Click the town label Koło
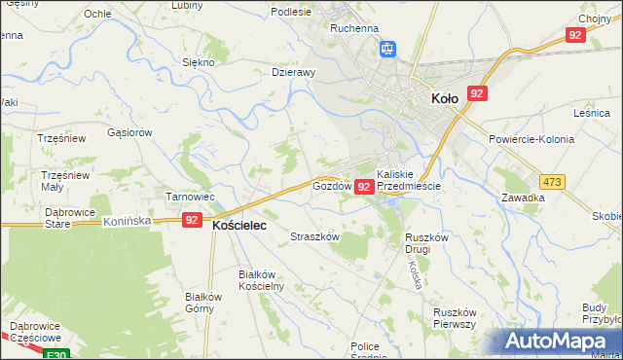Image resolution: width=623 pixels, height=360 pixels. click(x=444, y=97)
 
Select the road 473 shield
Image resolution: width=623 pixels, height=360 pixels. click(x=553, y=182)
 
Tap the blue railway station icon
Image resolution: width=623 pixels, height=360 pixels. click(x=386, y=48)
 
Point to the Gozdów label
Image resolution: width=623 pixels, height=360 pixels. click(x=331, y=185)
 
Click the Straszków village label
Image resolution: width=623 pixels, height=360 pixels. click(x=314, y=236)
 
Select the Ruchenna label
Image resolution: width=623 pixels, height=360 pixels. click(x=353, y=29)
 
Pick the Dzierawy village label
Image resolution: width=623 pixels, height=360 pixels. click(x=294, y=72)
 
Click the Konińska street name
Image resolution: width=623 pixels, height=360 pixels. click(x=128, y=221)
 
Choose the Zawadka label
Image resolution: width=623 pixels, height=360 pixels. click(x=523, y=197)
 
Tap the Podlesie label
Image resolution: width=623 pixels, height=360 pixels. click(x=291, y=12)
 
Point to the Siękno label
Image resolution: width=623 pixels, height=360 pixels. click(x=199, y=62)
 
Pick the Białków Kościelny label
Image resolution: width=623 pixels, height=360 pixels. click(x=260, y=281)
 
